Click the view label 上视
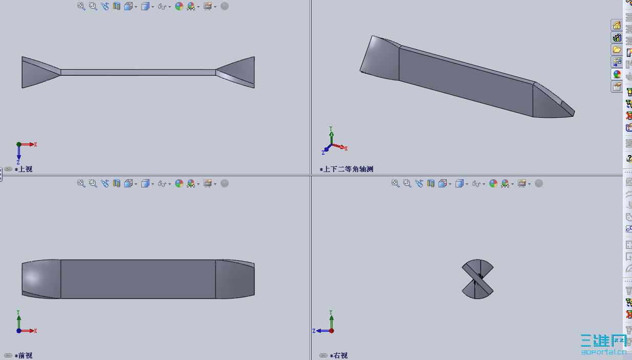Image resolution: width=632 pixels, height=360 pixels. pyautogui.click(x=26, y=169)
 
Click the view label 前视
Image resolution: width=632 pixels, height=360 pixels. pyautogui.click(x=26, y=355)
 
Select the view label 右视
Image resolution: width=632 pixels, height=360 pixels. pyautogui.click(x=340, y=355)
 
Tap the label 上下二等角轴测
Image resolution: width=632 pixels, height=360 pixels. pyautogui.click(x=348, y=169)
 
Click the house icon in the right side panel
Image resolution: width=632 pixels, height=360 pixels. pyautogui.click(x=617, y=26)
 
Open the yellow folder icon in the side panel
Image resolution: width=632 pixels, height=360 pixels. pyautogui.click(x=617, y=50)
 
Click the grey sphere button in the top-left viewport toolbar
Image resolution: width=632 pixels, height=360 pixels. pyautogui.click(x=225, y=6)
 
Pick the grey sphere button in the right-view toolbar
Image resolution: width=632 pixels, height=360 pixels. pyautogui.click(x=539, y=183)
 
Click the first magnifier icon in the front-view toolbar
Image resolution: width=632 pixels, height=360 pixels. pyautogui.click(x=81, y=183)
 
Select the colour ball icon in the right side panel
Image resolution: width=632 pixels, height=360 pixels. pyautogui.click(x=617, y=74)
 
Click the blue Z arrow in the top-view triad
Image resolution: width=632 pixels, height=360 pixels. pyautogui.click(x=18, y=153)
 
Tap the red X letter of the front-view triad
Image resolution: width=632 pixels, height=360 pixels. pyautogui.click(x=35, y=331)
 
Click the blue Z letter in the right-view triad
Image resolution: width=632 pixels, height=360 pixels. pyautogui.click(x=314, y=331)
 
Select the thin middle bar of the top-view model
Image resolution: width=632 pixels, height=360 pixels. pyautogui.click(x=138, y=72)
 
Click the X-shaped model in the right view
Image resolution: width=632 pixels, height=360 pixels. pyautogui.click(x=477, y=279)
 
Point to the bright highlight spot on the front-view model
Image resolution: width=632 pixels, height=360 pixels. pyautogui.click(x=32, y=277)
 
